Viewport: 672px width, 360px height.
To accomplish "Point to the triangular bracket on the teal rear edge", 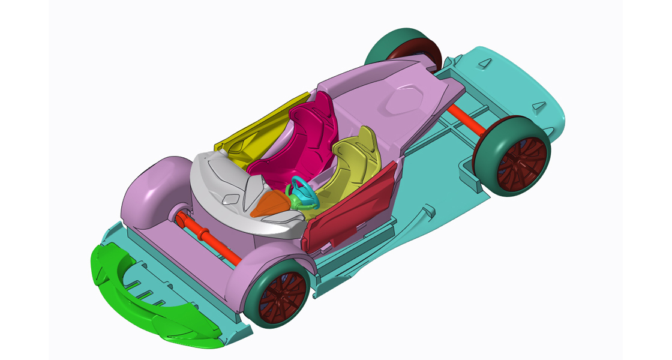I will (x=539, y=106).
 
